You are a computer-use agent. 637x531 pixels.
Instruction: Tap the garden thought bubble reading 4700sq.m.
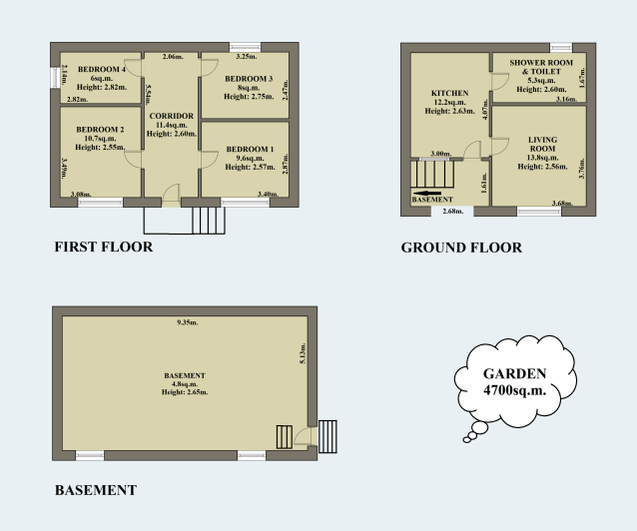pos(514,383)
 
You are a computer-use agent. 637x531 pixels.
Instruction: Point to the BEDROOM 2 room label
pos(100,130)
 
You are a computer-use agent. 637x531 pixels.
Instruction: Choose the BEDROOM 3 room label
pos(248,78)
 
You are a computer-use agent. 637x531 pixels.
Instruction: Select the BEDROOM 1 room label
pos(249,148)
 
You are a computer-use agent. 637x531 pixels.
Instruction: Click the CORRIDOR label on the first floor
pos(170,117)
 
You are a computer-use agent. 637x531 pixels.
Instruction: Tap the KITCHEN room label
pos(449,93)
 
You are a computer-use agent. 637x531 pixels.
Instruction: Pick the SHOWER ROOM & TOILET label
pos(540,66)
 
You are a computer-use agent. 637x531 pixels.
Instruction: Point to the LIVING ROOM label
pos(543,144)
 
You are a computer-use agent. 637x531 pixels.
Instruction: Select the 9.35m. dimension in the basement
pos(187,323)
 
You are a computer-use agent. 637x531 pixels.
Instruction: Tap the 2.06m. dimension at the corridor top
pos(172,58)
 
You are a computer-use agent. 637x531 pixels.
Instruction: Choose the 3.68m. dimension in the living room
pos(565,204)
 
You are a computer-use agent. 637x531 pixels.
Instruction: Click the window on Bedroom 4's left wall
pos(56,77)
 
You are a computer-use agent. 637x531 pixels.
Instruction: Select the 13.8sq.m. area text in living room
pos(542,158)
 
